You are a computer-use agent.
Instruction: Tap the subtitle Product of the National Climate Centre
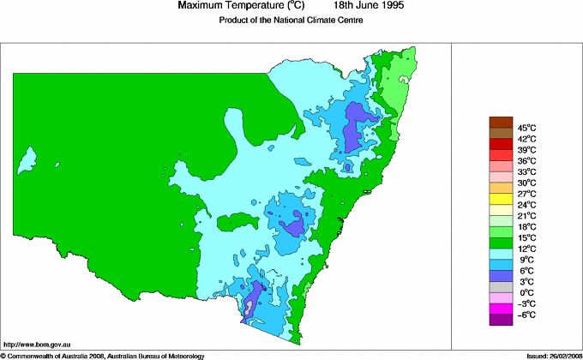coord(291,20)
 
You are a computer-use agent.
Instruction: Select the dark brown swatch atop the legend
coord(500,122)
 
